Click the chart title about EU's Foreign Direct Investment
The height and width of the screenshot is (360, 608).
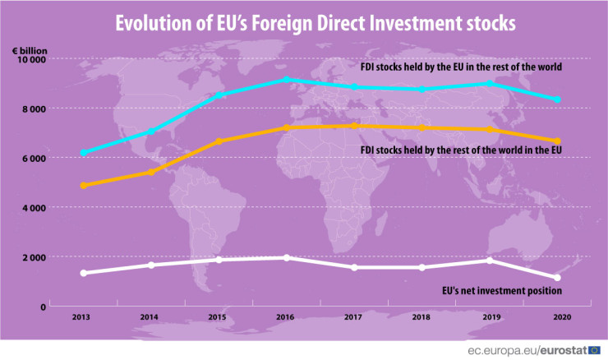pos(304,23)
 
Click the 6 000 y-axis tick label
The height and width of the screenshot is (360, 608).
pos(34,158)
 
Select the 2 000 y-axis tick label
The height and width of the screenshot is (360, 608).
pos(34,257)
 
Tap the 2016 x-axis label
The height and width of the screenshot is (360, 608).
pos(286,316)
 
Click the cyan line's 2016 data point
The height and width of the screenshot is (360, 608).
pos(286,80)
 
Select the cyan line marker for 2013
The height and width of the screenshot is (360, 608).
pos(84,153)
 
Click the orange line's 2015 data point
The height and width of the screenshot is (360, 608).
pos(219,141)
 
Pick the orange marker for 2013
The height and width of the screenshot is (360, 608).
pos(84,186)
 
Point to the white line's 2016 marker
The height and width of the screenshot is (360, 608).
pos(286,257)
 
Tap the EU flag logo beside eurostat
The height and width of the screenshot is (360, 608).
pos(593,349)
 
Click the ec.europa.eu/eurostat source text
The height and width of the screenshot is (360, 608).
pos(526,349)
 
